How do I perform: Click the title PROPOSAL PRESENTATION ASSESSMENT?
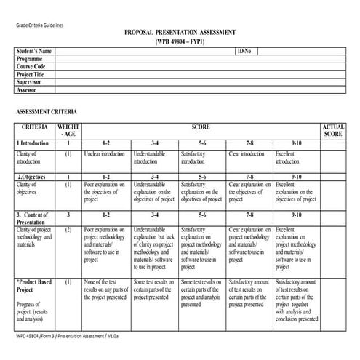click(180, 33)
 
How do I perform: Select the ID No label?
click(244, 52)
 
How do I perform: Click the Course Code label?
click(31, 67)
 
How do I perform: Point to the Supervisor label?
click(31, 82)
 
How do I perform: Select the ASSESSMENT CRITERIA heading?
click(47, 112)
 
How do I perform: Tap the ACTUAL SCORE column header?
click(333, 130)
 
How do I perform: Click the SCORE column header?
click(201, 127)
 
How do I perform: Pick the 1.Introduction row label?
click(33, 144)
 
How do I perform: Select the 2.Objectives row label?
click(31, 177)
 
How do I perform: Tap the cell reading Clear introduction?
click(247, 154)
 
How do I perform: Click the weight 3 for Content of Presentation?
click(68, 216)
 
